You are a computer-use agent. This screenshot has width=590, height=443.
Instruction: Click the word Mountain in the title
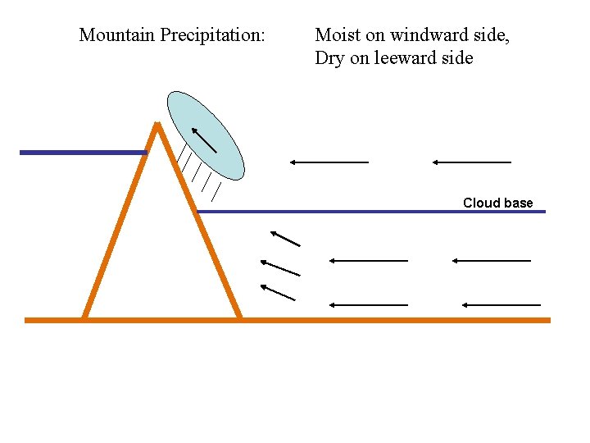(116, 35)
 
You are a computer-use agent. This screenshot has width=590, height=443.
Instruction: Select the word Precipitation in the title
(213, 35)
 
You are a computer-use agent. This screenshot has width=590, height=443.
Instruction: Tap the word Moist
(338, 35)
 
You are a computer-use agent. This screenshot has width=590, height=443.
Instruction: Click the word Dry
(329, 58)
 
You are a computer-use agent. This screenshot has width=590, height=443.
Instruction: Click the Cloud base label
(497, 203)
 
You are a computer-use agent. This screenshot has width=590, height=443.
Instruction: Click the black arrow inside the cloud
(204, 139)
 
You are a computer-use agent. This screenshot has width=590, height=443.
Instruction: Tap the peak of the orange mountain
(157, 125)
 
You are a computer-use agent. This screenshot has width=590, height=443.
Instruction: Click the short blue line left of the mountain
(83, 153)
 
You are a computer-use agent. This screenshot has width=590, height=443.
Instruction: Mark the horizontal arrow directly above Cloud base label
(472, 162)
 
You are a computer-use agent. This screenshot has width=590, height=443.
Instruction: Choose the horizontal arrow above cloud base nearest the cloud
(329, 162)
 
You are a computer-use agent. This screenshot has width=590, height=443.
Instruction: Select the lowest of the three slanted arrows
(278, 293)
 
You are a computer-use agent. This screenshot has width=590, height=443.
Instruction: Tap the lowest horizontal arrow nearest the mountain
(368, 304)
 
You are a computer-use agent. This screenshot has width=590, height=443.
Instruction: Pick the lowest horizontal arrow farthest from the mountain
(501, 304)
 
